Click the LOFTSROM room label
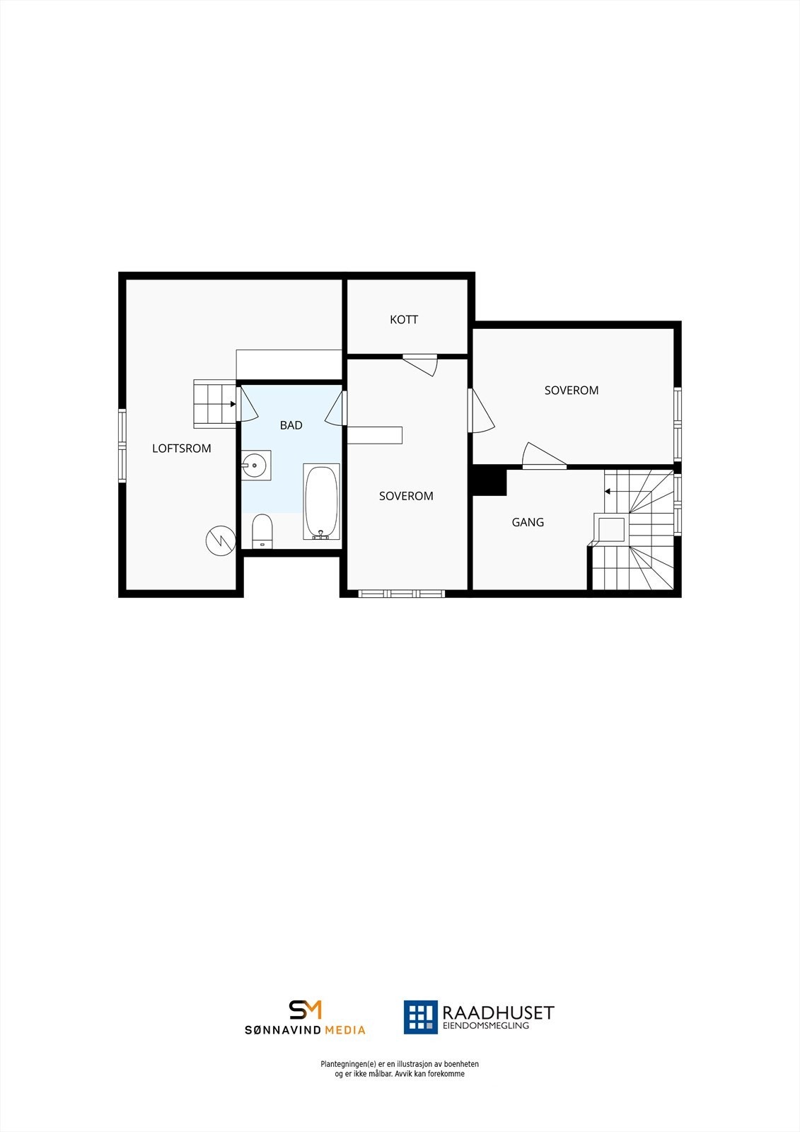pyautogui.click(x=182, y=449)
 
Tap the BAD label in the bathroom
pyautogui.click(x=291, y=425)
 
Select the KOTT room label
pyautogui.click(x=404, y=320)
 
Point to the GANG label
pyautogui.click(x=528, y=522)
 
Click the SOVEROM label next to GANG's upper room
pyautogui.click(x=572, y=391)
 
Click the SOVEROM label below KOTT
pyautogui.click(x=406, y=496)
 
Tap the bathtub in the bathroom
pyautogui.click(x=322, y=502)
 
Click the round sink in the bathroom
pyautogui.click(x=255, y=465)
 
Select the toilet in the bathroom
pyautogui.click(x=262, y=531)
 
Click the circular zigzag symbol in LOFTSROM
pyautogui.click(x=220, y=541)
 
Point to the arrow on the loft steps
pyautogui.click(x=233, y=404)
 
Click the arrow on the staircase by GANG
pyautogui.click(x=608, y=491)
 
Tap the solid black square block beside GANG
pyautogui.click(x=489, y=481)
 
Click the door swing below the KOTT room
pyautogui.click(x=422, y=366)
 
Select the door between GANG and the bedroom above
pyautogui.click(x=543, y=456)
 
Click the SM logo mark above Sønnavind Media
pyautogui.click(x=305, y=1010)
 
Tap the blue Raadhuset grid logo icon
pyautogui.click(x=421, y=1017)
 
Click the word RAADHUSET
pyautogui.click(x=498, y=1013)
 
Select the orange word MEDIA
pyautogui.click(x=345, y=1030)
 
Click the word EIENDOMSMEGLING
pyautogui.click(x=485, y=1026)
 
